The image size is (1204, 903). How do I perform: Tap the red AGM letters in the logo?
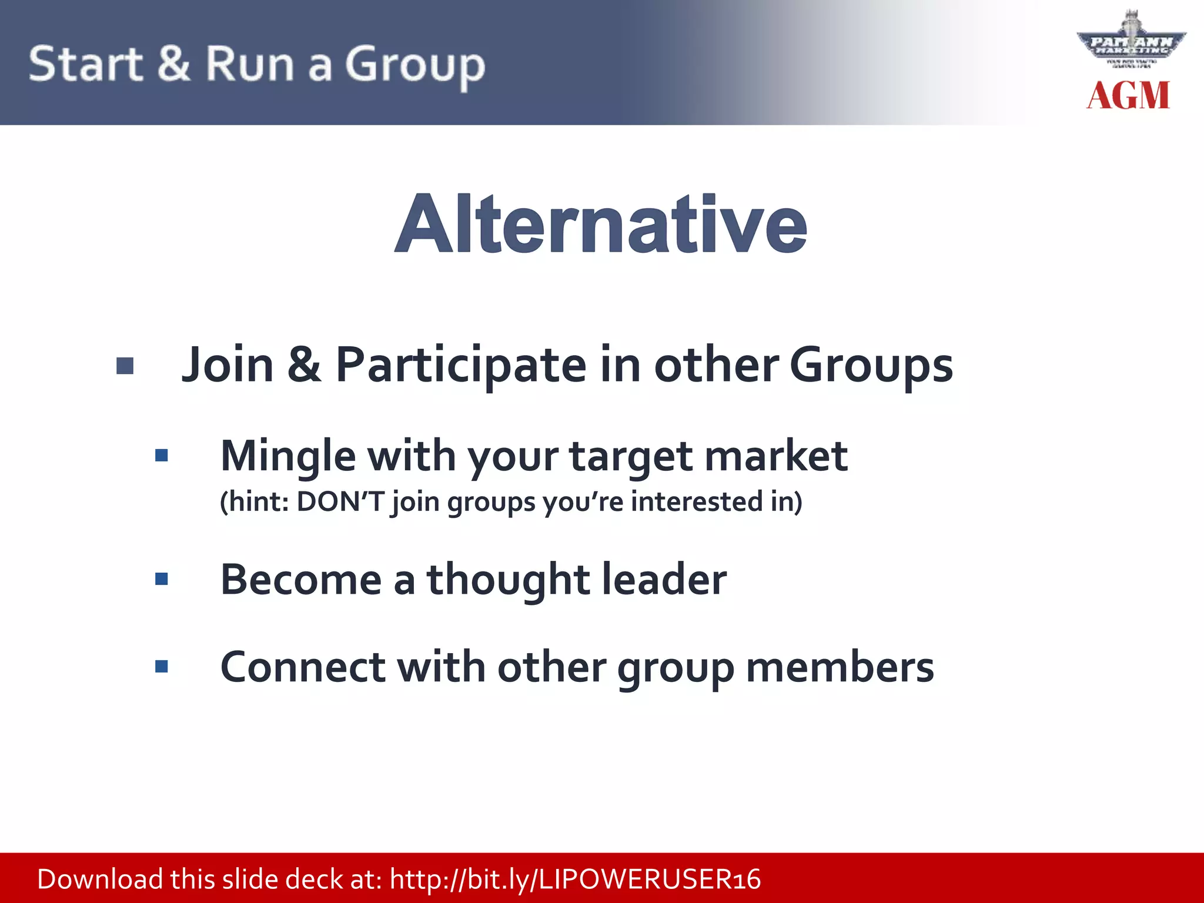point(1128,96)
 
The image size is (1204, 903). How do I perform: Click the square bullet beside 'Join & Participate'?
point(125,366)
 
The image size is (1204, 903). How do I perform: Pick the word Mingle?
point(288,457)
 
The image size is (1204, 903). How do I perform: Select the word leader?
point(664,580)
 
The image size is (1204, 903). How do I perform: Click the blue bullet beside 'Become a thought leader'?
point(162,579)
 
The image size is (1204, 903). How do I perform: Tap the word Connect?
point(303,667)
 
